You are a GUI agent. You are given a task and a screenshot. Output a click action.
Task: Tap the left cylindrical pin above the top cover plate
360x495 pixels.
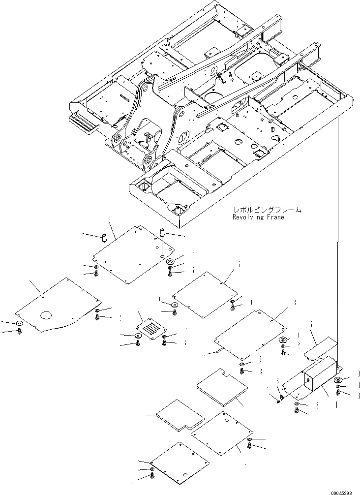pos(104,239)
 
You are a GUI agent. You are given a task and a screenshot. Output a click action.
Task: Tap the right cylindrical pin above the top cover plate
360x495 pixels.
pos(160,231)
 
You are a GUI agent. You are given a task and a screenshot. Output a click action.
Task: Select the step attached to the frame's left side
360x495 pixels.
pos(83,124)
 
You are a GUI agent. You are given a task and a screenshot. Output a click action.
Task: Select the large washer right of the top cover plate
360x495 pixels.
pos(171,262)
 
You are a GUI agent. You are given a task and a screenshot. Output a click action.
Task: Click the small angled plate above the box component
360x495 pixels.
pos(320,348)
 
